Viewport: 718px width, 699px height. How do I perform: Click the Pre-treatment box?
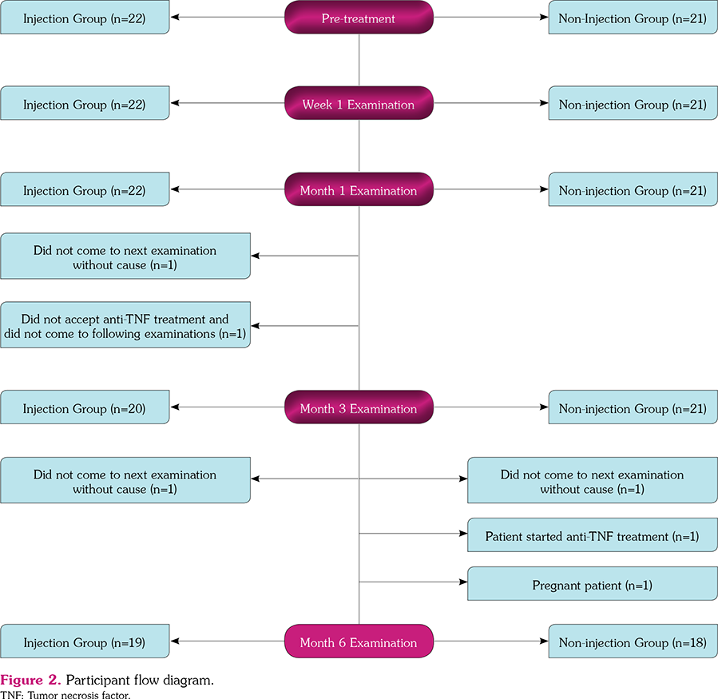click(359, 18)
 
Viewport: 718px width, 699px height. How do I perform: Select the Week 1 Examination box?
click(359, 105)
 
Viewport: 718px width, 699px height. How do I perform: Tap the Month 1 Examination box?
click(359, 191)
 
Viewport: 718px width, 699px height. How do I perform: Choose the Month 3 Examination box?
click(359, 408)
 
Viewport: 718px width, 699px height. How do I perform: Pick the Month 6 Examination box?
click(359, 642)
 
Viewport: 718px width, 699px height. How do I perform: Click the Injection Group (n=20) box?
click(85, 408)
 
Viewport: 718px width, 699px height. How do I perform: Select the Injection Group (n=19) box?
click(85, 642)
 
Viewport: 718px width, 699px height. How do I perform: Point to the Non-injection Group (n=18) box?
click(633, 642)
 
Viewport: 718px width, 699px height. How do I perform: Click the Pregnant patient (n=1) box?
click(592, 586)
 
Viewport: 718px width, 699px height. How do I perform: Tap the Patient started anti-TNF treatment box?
click(592, 537)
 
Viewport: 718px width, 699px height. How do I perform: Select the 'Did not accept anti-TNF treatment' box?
click(125, 325)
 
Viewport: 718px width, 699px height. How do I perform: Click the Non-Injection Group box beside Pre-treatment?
click(633, 18)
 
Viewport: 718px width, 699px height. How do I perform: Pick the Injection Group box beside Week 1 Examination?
click(85, 105)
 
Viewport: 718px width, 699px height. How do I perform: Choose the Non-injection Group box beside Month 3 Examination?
click(633, 408)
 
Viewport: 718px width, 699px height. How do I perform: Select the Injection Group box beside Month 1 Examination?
click(85, 191)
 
